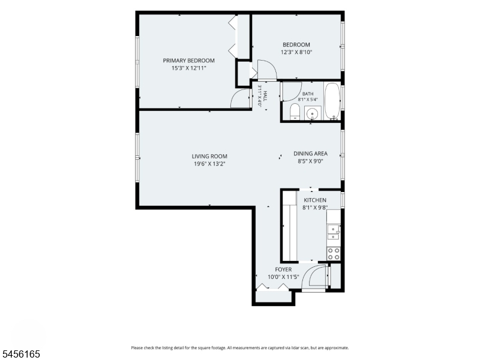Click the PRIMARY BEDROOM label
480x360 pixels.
pyautogui.click(x=188, y=61)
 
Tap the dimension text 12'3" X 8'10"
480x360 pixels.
pyautogui.click(x=296, y=52)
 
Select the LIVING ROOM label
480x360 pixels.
pyautogui.click(x=209, y=157)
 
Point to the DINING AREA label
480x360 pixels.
pyautogui.click(x=310, y=154)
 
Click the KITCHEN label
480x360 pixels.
pyautogui.click(x=315, y=200)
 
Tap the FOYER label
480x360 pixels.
pyautogui.click(x=283, y=269)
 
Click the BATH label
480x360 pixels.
pyautogui.click(x=308, y=94)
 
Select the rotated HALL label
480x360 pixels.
pyautogui.click(x=265, y=96)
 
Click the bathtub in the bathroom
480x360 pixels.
pyautogui.click(x=332, y=101)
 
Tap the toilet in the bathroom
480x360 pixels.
pyautogui.click(x=295, y=112)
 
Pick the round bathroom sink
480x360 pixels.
pyautogui.click(x=312, y=114)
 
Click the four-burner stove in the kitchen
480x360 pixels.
pyautogui.click(x=334, y=253)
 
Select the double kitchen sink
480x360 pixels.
pyautogui.click(x=334, y=232)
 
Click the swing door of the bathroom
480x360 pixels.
pyautogui.click(x=291, y=92)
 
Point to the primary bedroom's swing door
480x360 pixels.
pyautogui.click(x=241, y=98)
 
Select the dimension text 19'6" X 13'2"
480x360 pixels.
pyautogui.click(x=209, y=164)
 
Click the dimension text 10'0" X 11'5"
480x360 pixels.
pyautogui.click(x=283, y=277)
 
